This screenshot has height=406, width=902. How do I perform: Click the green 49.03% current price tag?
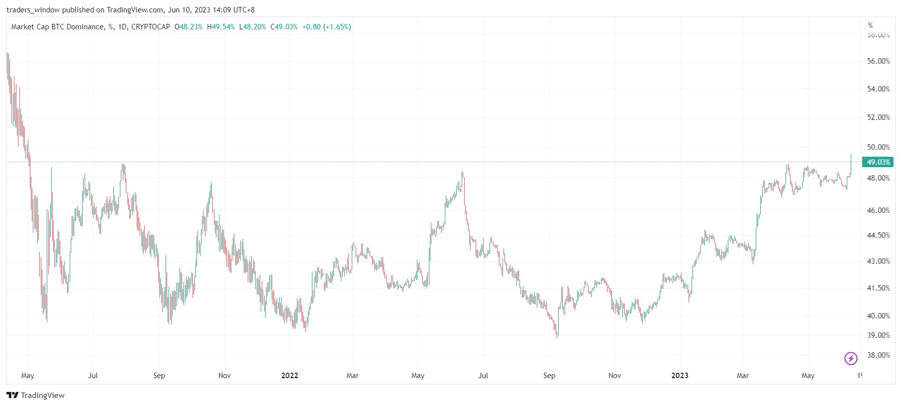[878, 162]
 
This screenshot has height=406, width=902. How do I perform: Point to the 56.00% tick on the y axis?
[878, 61]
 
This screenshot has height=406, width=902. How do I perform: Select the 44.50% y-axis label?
[878, 235]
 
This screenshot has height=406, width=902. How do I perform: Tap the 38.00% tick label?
[878, 355]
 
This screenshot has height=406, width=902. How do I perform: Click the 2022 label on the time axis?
[290, 376]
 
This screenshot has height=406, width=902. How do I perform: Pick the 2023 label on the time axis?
[680, 376]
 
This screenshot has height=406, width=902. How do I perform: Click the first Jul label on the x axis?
[93, 376]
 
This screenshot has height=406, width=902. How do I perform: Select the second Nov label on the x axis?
[614, 376]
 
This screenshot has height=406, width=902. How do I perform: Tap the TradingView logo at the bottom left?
[35, 396]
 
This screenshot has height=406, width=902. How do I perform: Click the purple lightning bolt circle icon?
[851, 358]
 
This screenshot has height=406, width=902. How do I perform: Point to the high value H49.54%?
[221, 27]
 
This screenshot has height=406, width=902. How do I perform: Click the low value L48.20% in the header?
[253, 27]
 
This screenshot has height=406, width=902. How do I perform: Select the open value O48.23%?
[189, 27]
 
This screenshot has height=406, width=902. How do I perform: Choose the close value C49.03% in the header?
[284, 27]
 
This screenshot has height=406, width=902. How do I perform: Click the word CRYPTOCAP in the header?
[150, 27]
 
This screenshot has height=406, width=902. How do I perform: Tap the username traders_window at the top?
[33, 10]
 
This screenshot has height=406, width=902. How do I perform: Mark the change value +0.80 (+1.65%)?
[326, 27]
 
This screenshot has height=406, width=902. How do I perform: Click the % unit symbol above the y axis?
[870, 25]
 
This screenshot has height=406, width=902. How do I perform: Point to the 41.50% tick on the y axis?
[878, 288]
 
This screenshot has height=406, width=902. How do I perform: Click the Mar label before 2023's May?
[742, 376]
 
